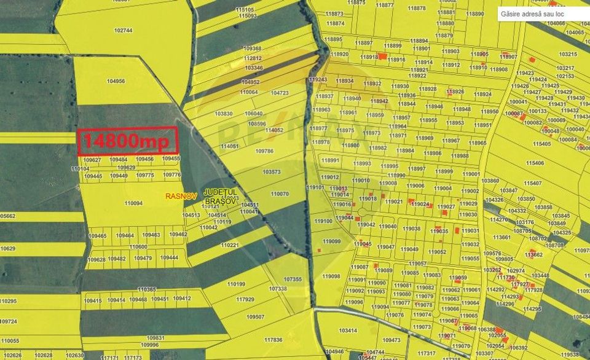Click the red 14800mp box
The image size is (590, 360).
(128, 140)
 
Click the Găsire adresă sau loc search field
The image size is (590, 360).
(541, 13)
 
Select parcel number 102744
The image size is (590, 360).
(123, 30)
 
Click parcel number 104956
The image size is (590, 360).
(116, 81)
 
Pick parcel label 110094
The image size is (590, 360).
(133, 203)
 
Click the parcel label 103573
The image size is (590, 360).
(271, 172)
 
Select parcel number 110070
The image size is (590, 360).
(280, 194)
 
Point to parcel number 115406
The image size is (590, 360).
(534, 163)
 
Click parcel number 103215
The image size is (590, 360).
(567, 54)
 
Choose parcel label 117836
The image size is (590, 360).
(273, 340)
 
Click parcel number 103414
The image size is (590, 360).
(347, 331)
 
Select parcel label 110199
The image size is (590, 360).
(236, 284)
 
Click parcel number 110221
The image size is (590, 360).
(229, 245)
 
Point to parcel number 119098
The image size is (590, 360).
(331, 276)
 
